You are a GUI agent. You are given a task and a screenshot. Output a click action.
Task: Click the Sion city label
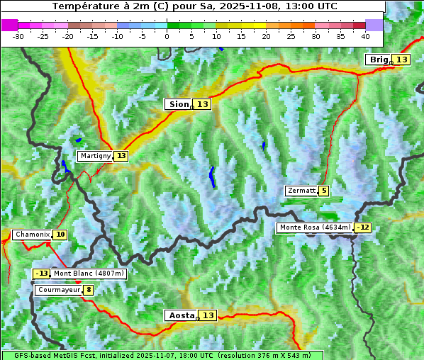tap(178, 104)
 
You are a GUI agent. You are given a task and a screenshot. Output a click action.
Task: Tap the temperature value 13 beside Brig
tap(401, 60)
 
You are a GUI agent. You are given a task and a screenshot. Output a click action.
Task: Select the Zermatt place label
tap(301, 191)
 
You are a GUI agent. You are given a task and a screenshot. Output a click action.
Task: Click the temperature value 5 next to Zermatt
tap(323, 191)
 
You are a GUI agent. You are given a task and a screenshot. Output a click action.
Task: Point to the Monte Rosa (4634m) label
tap(315, 227)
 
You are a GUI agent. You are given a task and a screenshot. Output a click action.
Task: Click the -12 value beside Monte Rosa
tap(363, 227)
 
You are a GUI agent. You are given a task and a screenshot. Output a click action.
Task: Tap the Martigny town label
tap(95, 156)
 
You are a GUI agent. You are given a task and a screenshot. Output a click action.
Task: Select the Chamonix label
tap(32, 235)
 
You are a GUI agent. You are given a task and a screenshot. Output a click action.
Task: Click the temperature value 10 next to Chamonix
tap(60, 235)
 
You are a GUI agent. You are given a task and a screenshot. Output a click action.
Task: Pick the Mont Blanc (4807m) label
tap(89, 274)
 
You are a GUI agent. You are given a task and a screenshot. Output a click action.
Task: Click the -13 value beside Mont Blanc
tap(42, 274)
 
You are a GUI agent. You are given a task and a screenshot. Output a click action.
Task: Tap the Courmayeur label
tap(58, 290)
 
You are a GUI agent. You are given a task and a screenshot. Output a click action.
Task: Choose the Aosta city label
tap(180, 315)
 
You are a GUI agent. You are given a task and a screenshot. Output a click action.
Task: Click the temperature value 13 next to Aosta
tap(208, 315)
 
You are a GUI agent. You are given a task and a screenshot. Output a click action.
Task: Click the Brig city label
tap(378, 60)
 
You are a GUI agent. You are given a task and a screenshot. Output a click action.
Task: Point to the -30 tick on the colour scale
tap(18, 35)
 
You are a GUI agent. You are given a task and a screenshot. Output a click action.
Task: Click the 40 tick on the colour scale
tap(365, 35)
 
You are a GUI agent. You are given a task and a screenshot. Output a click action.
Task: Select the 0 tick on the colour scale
tap(167, 35)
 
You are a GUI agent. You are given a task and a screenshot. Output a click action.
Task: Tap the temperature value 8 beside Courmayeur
tap(88, 290)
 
